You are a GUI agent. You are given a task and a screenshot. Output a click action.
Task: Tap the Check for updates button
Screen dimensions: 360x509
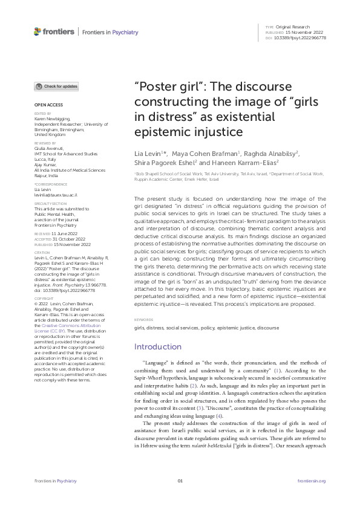[x=56, y=86]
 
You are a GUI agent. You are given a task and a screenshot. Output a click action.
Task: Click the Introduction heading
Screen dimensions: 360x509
[x=157, y=346]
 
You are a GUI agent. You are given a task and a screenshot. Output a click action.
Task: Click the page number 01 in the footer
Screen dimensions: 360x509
[x=180, y=481]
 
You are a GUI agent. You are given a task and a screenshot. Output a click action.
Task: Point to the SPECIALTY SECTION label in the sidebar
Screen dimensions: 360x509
[x=47, y=204]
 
